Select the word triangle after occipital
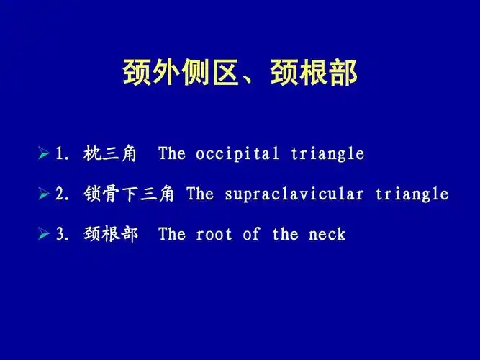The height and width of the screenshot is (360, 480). tap(327, 154)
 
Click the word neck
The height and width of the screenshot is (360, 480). tap(327, 235)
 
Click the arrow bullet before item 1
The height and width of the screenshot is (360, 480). tap(44, 154)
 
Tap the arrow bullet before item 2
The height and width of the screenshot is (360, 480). tap(44, 194)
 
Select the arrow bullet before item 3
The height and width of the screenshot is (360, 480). tap(44, 235)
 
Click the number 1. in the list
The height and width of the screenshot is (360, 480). tap(63, 154)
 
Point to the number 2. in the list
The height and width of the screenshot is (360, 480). tap(63, 194)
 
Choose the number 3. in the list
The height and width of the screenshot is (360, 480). tap(63, 235)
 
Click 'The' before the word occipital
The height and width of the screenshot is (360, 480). tap(172, 154)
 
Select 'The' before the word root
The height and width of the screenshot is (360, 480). tap(172, 235)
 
